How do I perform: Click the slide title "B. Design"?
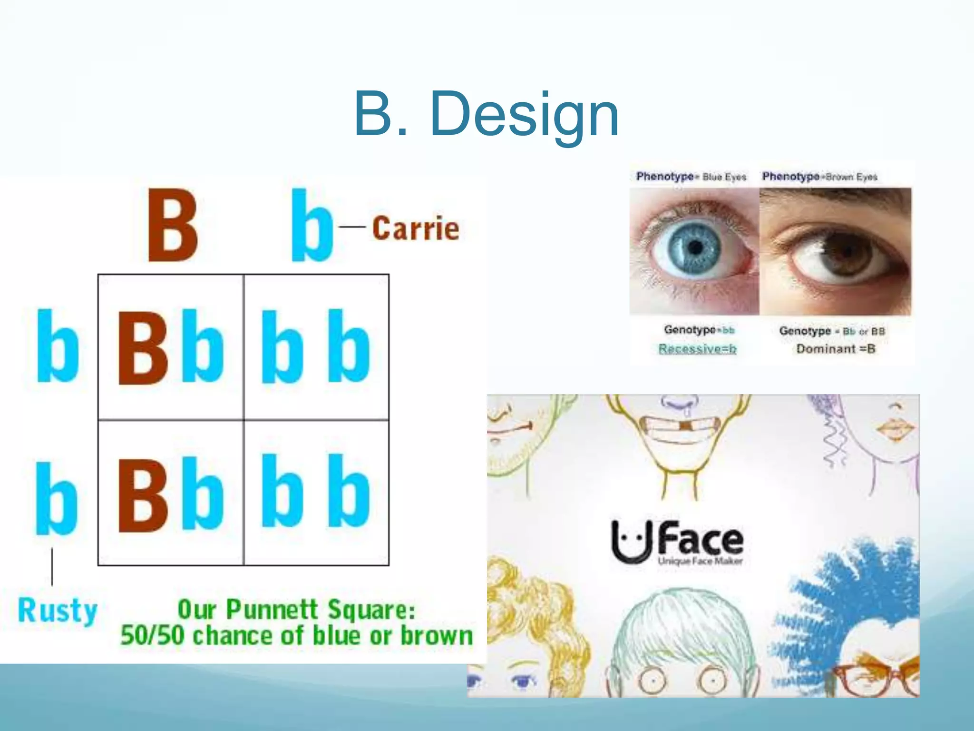[486, 114]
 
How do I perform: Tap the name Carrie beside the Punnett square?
[416, 228]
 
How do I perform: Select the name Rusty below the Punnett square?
[58, 610]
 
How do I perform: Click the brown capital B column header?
[173, 225]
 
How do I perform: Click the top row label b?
[58, 346]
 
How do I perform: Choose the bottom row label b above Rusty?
[57, 499]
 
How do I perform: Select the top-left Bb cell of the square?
[171, 347]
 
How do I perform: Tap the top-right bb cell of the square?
[316, 347]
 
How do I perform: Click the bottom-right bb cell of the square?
[316, 492]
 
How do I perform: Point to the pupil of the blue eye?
[695, 247]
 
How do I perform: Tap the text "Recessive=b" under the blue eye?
[697, 349]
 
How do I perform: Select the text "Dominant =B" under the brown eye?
[836, 349]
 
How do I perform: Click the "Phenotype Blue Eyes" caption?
[691, 177]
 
